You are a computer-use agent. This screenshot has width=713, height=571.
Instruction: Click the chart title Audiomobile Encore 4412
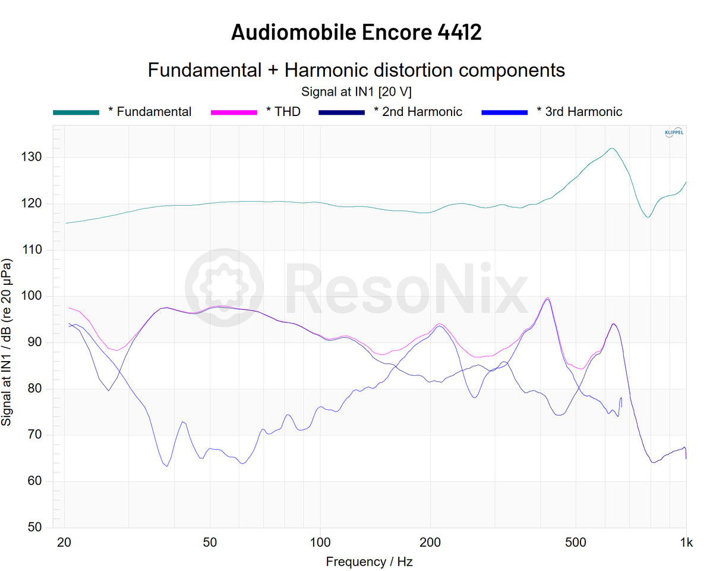pyautogui.click(x=356, y=32)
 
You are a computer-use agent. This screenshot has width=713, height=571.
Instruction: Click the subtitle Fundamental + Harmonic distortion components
pyautogui.click(x=356, y=70)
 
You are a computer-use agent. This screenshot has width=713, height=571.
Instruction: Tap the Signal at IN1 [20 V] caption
pyautogui.click(x=356, y=92)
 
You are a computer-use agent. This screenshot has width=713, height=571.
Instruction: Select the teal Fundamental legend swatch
pyautogui.click(x=76, y=112)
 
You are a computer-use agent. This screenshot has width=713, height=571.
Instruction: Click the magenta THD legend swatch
pyautogui.click(x=234, y=112)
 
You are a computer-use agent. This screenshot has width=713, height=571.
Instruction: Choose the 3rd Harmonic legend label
pyautogui.click(x=584, y=112)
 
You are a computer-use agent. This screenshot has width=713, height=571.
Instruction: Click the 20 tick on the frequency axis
pyautogui.click(x=64, y=542)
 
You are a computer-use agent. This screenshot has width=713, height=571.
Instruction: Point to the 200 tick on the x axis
pyautogui.click(x=430, y=542)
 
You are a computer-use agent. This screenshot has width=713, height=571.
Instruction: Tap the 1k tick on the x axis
pyautogui.click(x=686, y=542)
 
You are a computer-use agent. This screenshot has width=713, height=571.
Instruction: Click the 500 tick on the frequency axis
pyautogui.click(x=575, y=542)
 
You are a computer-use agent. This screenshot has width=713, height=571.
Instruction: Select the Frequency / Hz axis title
pyautogui.click(x=369, y=561)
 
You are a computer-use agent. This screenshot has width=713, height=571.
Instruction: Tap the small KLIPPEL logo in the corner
pyautogui.click(x=673, y=133)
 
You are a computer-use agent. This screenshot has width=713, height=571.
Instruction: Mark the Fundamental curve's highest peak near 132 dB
pyautogui.click(x=611, y=148)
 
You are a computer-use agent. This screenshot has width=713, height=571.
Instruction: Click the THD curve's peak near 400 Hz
pyautogui.click(x=547, y=298)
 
